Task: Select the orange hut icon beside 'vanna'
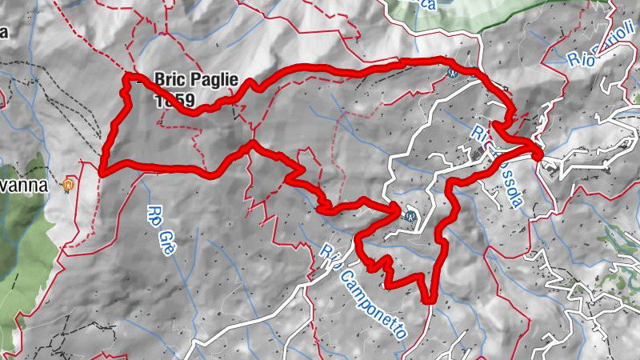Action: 70,186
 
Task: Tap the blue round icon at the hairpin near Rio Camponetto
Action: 410,215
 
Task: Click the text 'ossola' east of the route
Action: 509,183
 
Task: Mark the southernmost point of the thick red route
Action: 429,301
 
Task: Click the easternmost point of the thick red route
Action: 540,151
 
